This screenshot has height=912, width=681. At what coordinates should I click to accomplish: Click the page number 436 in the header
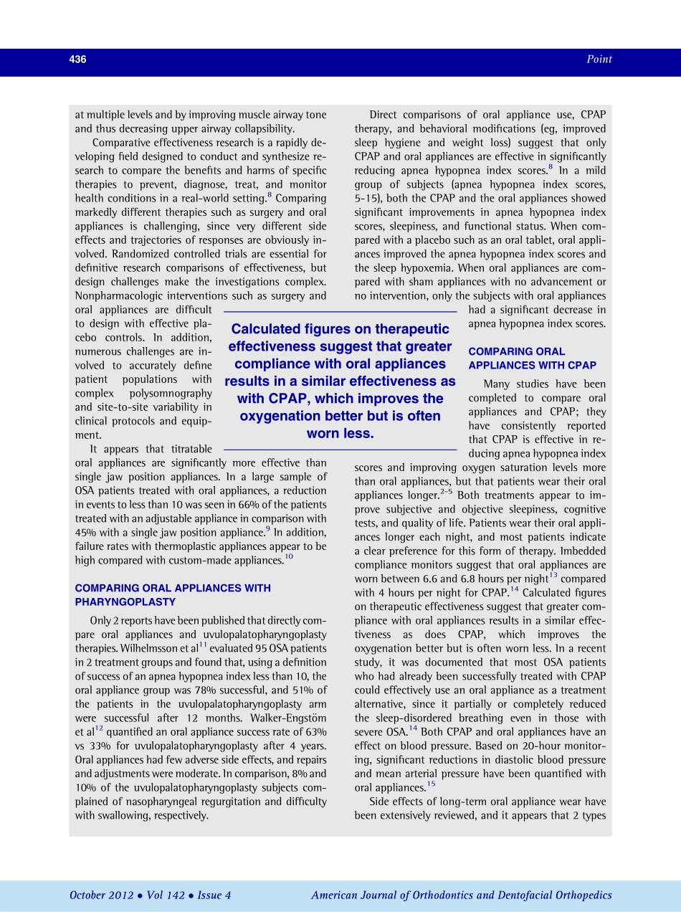[x=77, y=60]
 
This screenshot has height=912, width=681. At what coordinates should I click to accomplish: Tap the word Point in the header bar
[x=599, y=60]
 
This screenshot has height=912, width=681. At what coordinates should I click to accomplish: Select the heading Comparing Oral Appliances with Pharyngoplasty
[x=173, y=595]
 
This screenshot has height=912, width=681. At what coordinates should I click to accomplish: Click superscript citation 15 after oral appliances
[x=431, y=784]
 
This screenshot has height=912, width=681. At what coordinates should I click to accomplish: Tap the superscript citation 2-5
[x=446, y=493]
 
